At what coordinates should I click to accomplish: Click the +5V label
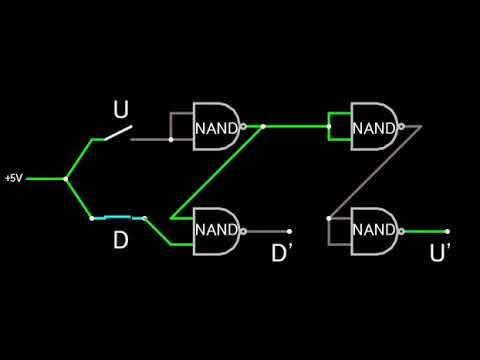pos(12,178)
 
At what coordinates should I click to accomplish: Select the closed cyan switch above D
pos(118,217)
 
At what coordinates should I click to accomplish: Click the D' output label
pos(282,253)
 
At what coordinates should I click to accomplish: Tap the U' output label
pos(440,253)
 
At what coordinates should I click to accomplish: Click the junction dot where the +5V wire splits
pos(66,179)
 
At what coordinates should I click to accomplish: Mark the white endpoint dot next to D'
pos(289,231)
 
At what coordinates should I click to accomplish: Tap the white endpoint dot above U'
pos(447,231)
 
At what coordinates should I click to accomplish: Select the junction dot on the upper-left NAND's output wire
pos(263,127)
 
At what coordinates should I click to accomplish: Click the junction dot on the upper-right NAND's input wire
pos(329,127)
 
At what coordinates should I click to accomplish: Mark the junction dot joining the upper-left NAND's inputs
pos(171,139)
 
